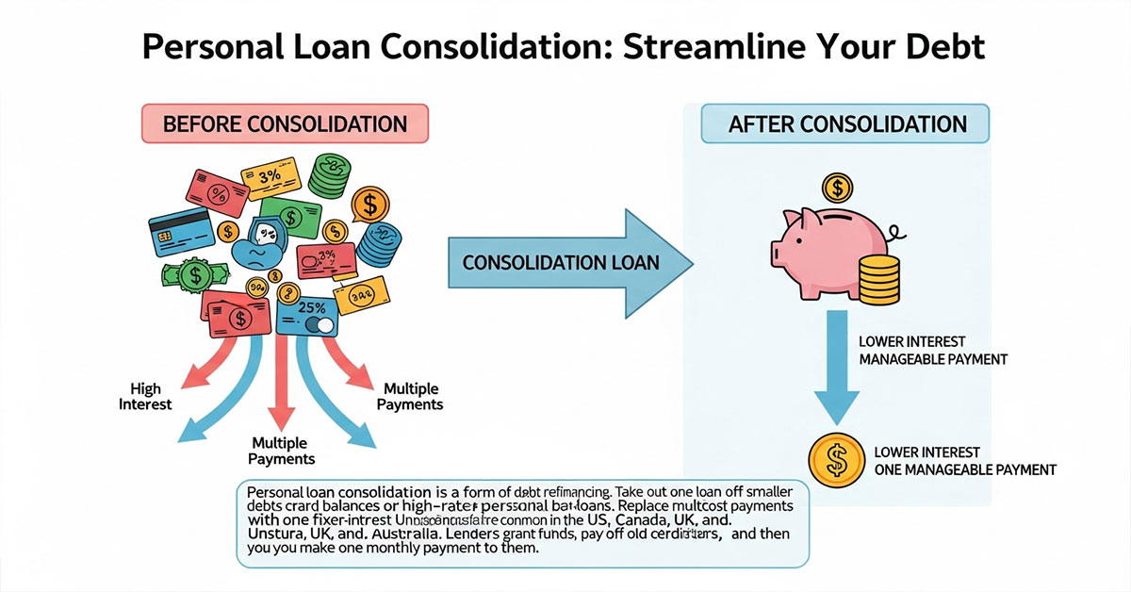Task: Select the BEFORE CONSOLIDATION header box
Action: pyautogui.click(x=285, y=124)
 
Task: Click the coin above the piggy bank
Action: pyautogui.click(x=835, y=189)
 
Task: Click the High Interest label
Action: pyautogui.click(x=148, y=397)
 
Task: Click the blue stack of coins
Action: pyautogui.click(x=381, y=245)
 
